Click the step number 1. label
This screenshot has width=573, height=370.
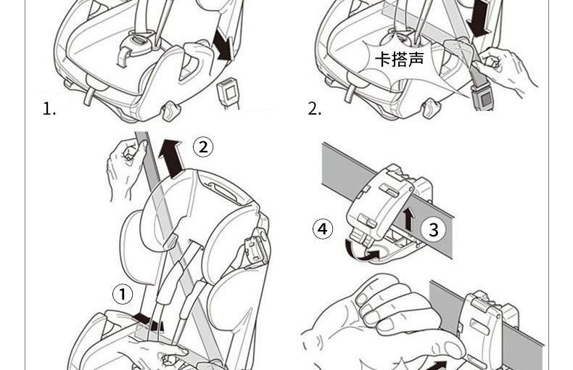click(49, 109)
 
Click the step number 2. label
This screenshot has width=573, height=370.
click(314, 109)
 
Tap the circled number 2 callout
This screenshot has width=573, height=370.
click(203, 147)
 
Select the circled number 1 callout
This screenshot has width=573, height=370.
click(123, 294)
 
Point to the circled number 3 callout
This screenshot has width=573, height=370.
click(434, 230)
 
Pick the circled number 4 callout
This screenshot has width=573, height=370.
click(323, 229)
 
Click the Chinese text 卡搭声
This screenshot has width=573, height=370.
click(399, 59)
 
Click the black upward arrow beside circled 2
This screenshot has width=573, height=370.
click(172, 159)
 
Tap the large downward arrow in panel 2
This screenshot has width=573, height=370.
click(478, 18)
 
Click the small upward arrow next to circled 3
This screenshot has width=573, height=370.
click(408, 218)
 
